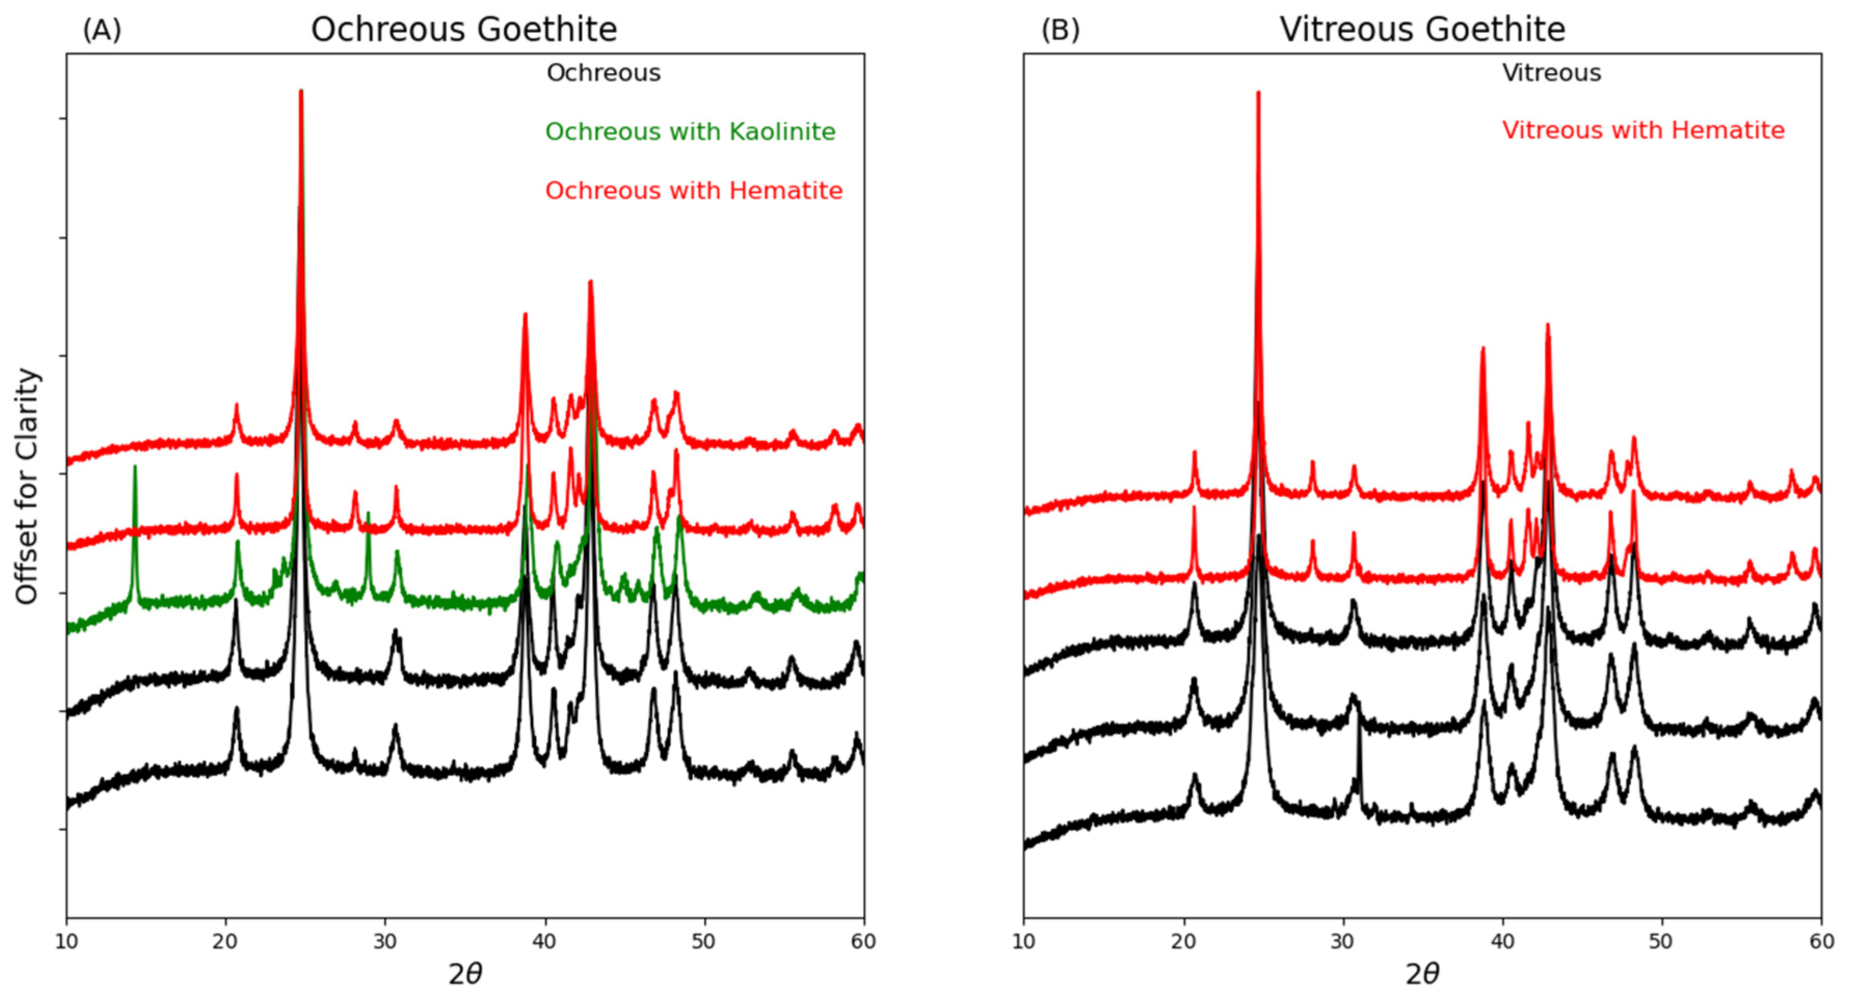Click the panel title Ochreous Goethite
(x=463, y=30)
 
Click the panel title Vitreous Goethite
(x=1422, y=30)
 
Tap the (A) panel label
(x=102, y=30)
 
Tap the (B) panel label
(x=1060, y=30)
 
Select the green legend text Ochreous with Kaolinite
(x=690, y=132)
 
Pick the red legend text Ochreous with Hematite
(x=693, y=191)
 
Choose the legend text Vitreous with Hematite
(x=1643, y=131)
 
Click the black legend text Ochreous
(x=603, y=73)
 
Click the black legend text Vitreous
(x=1551, y=73)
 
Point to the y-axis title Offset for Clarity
(x=26, y=486)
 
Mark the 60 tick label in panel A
(x=863, y=941)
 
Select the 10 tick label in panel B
(x=1024, y=941)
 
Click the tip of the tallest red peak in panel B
(x=1258, y=95)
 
